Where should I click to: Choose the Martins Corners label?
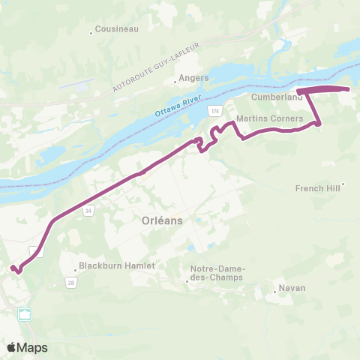click(269, 118)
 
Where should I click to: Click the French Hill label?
click(317, 188)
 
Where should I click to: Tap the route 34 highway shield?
click(88, 211)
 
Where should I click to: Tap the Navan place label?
click(292, 288)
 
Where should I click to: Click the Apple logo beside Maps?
click(11, 347)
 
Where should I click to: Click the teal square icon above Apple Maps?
click(28, 314)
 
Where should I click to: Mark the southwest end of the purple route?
click(12, 268)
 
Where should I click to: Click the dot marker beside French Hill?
click(343, 183)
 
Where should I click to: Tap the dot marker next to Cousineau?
click(91, 31)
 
